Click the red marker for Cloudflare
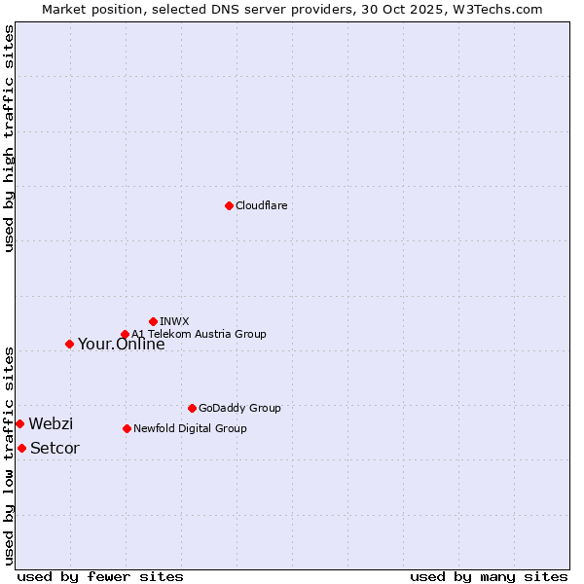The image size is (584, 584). pyautogui.click(x=229, y=205)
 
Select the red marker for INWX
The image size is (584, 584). pyautogui.click(x=153, y=321)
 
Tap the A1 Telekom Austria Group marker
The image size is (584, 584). pyautogui.click(x=125, y=334)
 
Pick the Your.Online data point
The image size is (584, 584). pyautogui.click(x=69, y=344)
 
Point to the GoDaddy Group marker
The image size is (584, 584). pyautogui.click(x=192, y=408)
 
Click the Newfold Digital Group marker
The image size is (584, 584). pyautogui.click(x=127, y=428)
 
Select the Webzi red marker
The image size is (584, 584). pyautogui.click(x=19, y=423)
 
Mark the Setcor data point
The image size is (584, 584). pyautogui.click(x=21, y=448)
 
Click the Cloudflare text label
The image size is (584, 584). pyautogui.click(x=261, y=205)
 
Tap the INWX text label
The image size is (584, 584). pyautogui.click(x=174, y=321)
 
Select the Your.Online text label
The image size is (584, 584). pyautogui.click(x=121, y=344)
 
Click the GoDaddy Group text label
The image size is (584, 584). pyautogui.click(x=238, y=408)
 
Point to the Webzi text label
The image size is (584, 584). pyautogui.click(x=51, y=423)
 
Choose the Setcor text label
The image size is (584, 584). pyautogui.click(x=55, y=448)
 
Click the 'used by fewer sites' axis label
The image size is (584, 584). pyautogui.click(x=100, y=576)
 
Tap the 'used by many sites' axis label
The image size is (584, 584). pyautogui.click(x=489, y=576)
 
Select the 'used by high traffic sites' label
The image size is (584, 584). pyautogui.click(x=9, y=138)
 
